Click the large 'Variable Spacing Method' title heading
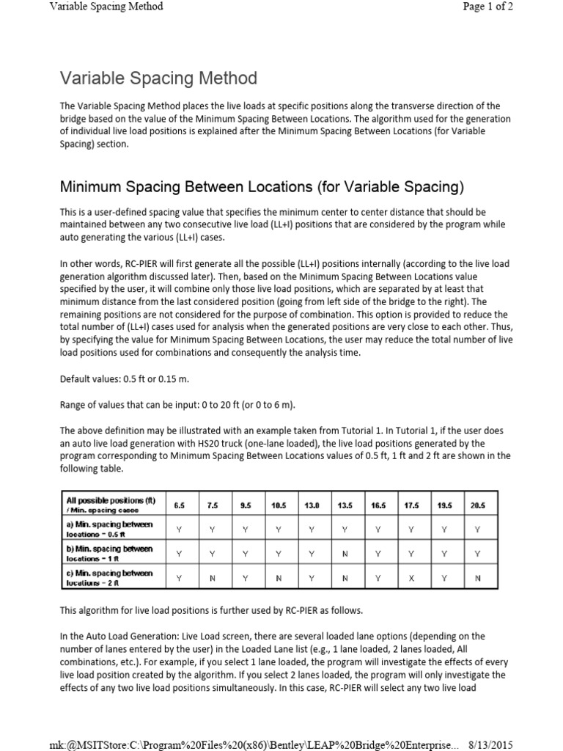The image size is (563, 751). [x=158, y=78]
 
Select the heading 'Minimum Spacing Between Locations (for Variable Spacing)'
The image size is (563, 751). [x=262, y=186]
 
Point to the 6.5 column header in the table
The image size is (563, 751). [x=180, y=505]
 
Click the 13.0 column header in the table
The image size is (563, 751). [x=311, y=505]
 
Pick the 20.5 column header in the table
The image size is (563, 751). [x=477, y=505]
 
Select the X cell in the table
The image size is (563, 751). [x=411, y=578]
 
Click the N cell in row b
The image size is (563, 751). [x=345, y=554]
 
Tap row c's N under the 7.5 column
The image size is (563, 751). [x=213, y=578]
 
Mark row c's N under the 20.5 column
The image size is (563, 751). [x=477, y=578]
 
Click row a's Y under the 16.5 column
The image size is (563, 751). [x=378, y=529]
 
